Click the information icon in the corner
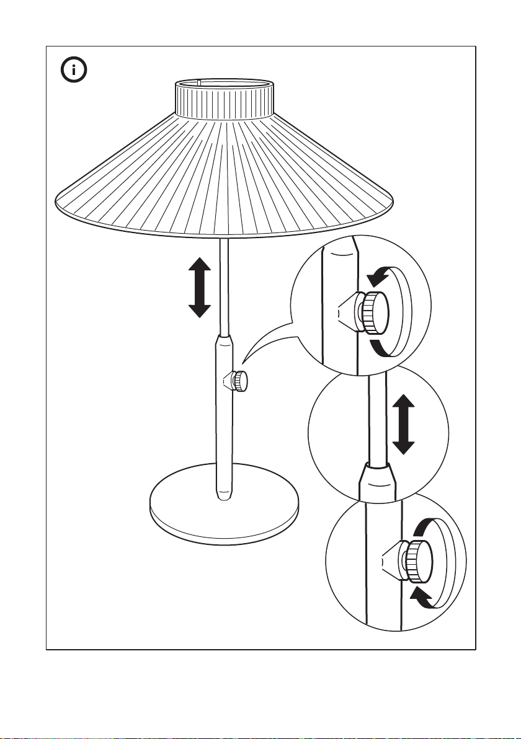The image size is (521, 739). tap(74, 70)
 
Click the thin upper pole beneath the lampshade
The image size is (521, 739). tap(225, 285)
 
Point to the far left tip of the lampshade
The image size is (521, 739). tap(56, 199)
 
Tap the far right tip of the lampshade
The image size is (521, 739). tap(394, 199)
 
